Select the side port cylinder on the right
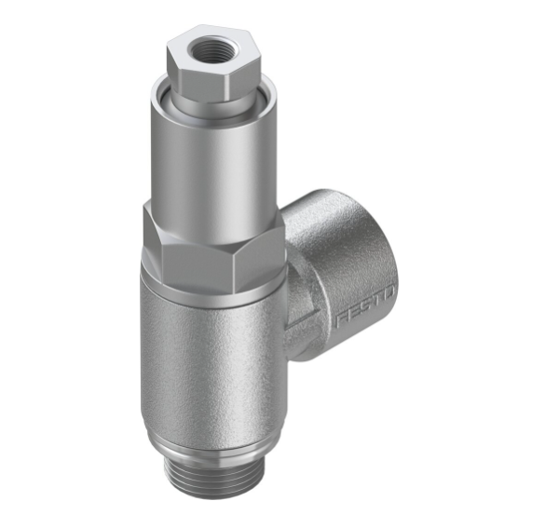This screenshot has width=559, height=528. tap(345, 270)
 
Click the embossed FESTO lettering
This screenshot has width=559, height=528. tap(365, 310)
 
